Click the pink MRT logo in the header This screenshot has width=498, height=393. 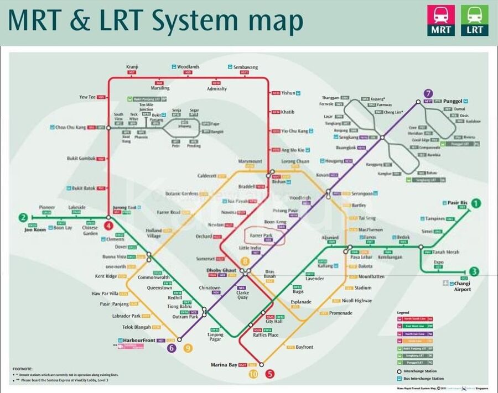[x=440, y=20]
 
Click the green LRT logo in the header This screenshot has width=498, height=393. [x=475, y=20]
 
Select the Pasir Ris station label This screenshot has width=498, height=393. [x=458, y=203]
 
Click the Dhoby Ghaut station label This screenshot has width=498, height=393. [x=221, y=270]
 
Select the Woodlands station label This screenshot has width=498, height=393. [x=189, y=67]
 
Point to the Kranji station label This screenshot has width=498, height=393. [x=132, y=67]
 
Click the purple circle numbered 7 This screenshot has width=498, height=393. [x=428, y=93]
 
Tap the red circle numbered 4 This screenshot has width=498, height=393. [x=109, y=226]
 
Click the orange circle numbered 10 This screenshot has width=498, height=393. [x=253, y=374]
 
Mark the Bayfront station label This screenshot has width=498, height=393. [x=304, y=347]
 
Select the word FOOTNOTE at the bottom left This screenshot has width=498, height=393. [x=23, y=368]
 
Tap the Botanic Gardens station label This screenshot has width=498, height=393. [x=181, y=193]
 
